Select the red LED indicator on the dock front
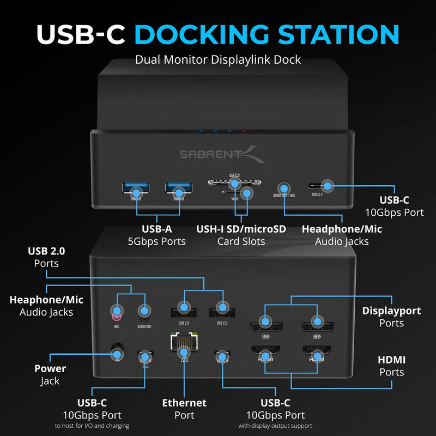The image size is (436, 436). pos(244,131)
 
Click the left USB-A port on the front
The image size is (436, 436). pos(136,191)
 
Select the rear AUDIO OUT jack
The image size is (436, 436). pos(144,312)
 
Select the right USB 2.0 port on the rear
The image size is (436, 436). pos(221,310)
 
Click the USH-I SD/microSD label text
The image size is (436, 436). pos(241,229)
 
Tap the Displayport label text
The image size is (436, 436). pos(391,311)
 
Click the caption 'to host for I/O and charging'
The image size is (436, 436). pos(92,426)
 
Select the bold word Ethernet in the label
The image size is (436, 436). pos(184,403)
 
